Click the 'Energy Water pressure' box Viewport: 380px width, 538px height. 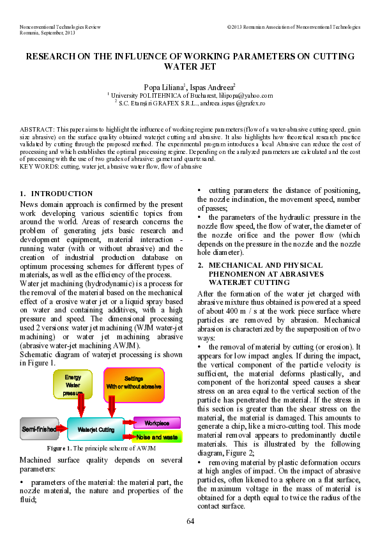(72, 385)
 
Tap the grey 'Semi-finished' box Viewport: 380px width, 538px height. (39, 429)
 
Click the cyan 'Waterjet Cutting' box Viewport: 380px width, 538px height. (96, 430)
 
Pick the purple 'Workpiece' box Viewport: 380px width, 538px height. (157, 423)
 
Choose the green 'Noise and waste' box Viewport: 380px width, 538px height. (157, 437)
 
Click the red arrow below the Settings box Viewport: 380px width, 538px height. (112, 405)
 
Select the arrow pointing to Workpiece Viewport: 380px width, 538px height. (128, 423)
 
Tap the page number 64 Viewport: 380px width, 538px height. (190, 521)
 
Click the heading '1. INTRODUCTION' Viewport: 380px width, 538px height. (56, 194)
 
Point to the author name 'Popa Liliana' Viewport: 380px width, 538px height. (164, 86)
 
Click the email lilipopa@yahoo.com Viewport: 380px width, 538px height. (246, 95)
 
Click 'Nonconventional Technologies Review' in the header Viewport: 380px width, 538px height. (61, 27)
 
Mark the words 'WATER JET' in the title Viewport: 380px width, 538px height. (190, 66)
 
